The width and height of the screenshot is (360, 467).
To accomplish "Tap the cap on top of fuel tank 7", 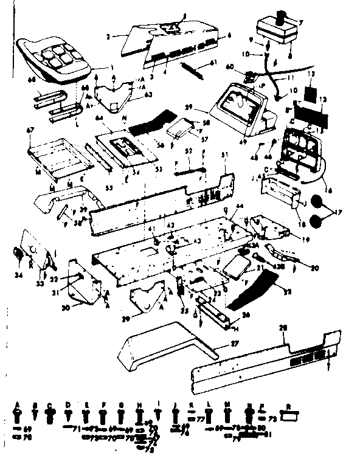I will point(283,16).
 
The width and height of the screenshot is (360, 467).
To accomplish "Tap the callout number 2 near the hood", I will point(107,37).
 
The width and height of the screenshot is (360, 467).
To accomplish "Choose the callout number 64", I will point(98,120).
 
